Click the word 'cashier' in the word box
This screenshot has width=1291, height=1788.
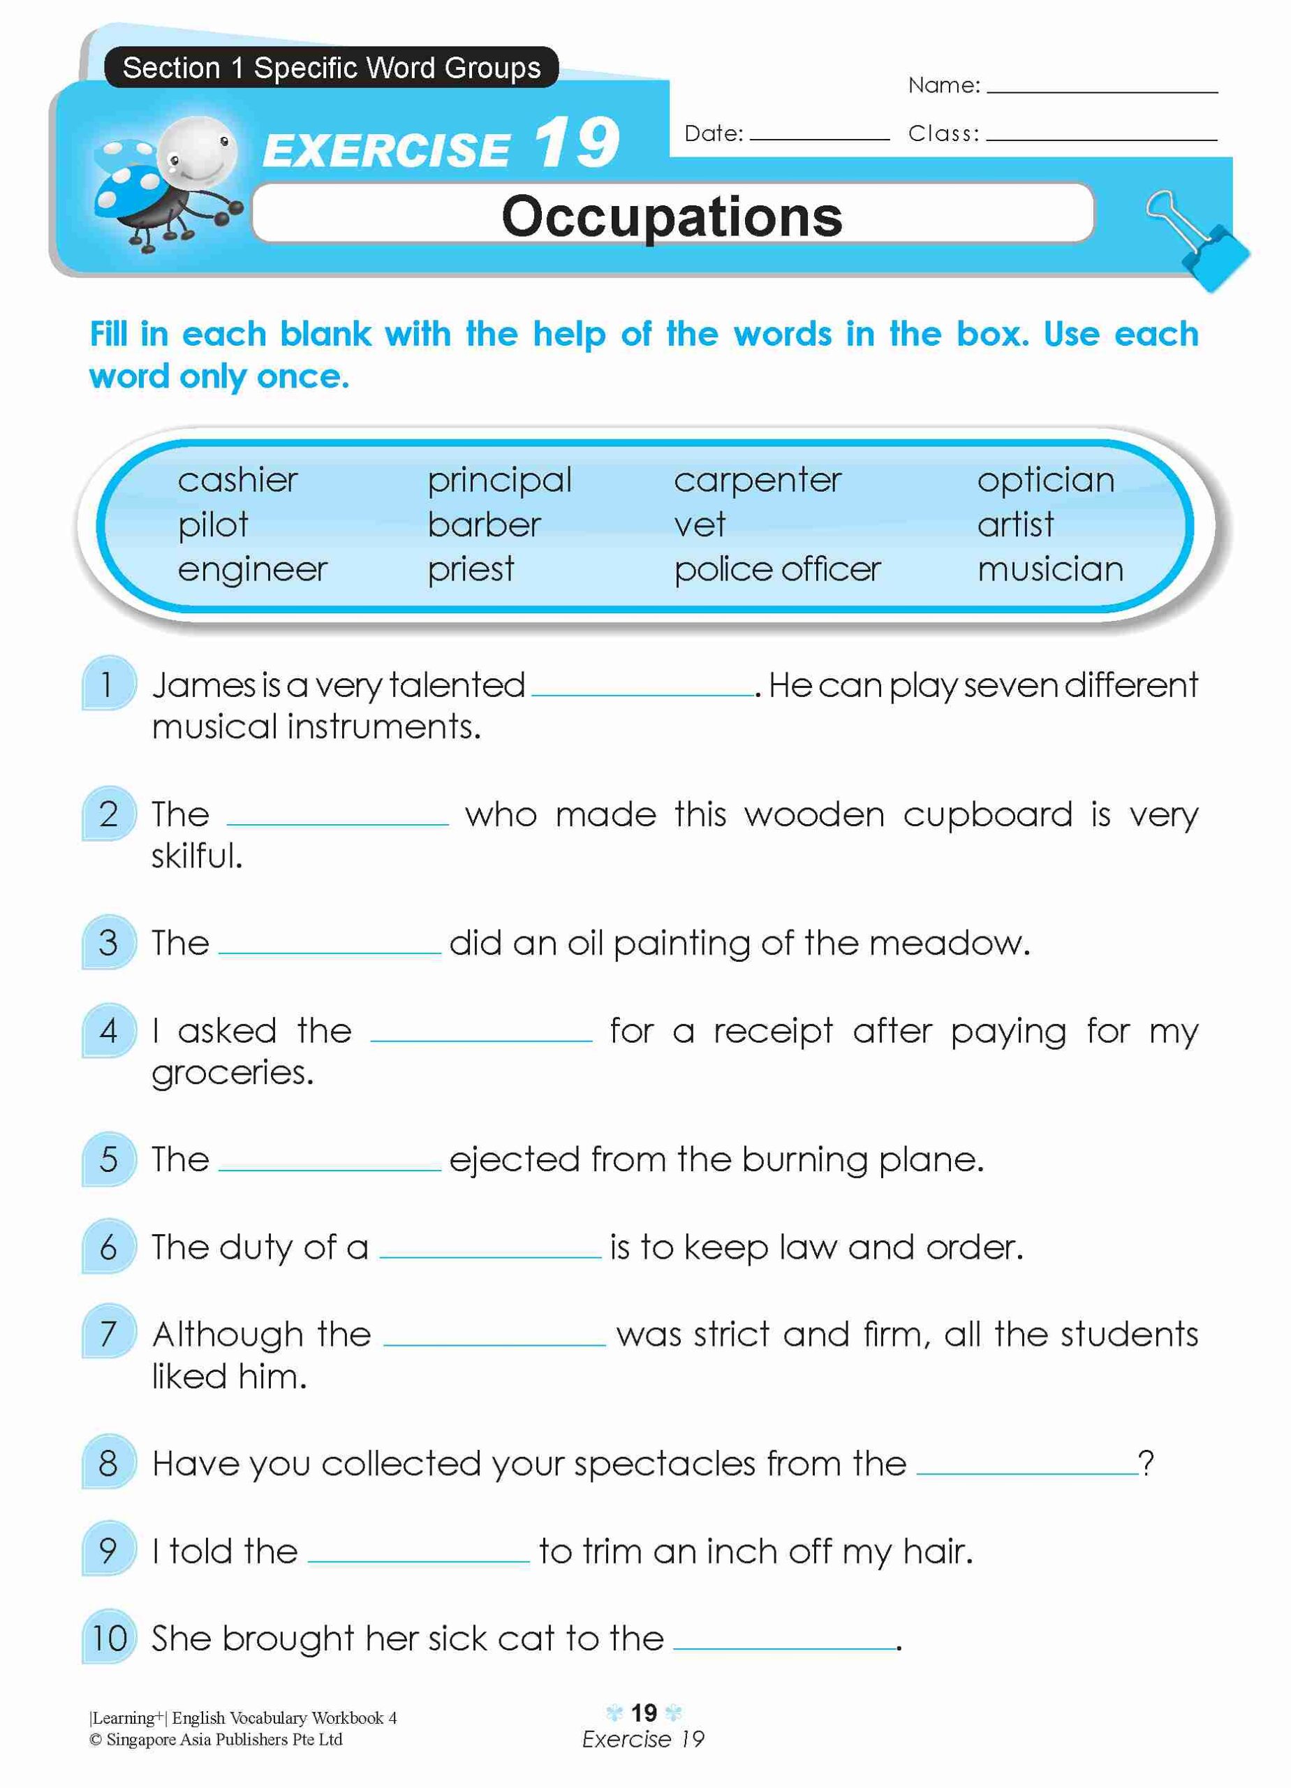(237, 480)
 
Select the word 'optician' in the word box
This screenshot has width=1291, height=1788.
(1045, 480)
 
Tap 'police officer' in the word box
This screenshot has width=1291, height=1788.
(776, 569)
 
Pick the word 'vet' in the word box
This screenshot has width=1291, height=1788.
(699, 525)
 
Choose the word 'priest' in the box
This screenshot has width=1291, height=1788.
(471, 569)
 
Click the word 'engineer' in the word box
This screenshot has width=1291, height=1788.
(252, 569)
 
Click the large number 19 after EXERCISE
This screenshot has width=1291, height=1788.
(576, 143)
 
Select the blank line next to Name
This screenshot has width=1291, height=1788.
(1101, 88)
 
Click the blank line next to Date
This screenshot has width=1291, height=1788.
(819, 135)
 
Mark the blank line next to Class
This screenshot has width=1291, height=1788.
(1101, 135)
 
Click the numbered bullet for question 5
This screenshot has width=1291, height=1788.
(109, 1159)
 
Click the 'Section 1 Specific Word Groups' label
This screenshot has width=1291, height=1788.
(332, 68)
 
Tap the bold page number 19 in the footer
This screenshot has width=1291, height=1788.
(643, 1713)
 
